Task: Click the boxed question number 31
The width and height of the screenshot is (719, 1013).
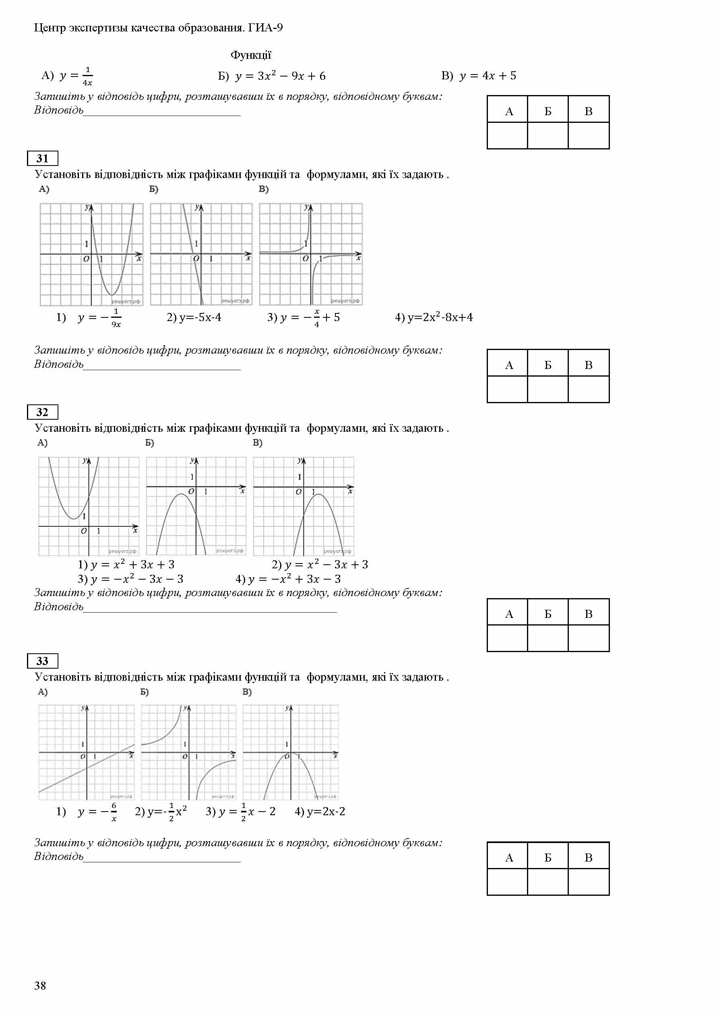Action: coord(43,158)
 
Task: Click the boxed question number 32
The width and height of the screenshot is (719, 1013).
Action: coord(43,412)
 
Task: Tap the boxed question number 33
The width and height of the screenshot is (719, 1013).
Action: coord(43,661)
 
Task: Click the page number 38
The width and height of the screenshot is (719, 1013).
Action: coord(40,985)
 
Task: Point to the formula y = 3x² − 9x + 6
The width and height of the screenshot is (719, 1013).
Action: coord(280,76)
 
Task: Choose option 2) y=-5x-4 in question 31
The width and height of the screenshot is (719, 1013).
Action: coord(194,317)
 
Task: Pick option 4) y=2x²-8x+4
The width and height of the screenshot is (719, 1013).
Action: coord(434,317)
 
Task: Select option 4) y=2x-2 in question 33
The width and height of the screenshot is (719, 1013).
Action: coord(320,812)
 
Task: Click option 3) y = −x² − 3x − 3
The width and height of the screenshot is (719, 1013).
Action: coord(130,579)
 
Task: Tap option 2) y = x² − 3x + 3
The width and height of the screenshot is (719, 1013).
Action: coord(320,564)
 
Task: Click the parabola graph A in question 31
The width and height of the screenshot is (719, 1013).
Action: coord(92,254)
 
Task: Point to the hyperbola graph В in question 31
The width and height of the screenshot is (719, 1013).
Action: coord(311,254)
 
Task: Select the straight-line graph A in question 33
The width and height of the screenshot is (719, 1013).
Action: coord(87,752)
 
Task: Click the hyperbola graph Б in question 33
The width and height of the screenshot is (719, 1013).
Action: coord(188,752)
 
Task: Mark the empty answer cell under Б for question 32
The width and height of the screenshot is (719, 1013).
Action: coord(548,638)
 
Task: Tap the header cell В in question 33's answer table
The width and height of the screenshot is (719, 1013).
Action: coord(589,858)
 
